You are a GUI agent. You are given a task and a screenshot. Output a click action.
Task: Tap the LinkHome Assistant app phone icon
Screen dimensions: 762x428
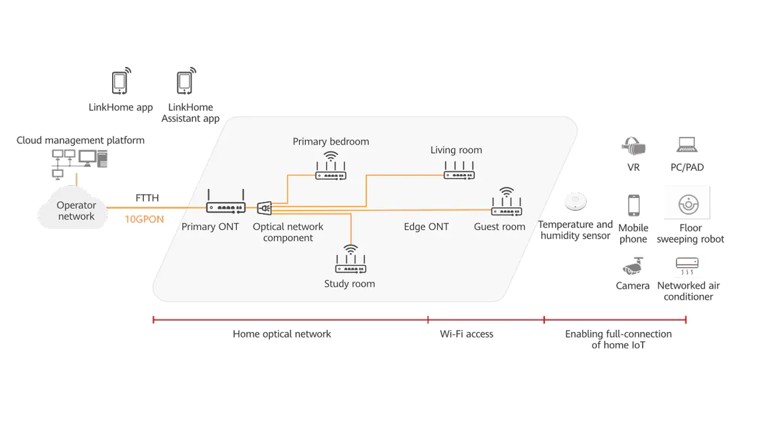[x=186, y=81]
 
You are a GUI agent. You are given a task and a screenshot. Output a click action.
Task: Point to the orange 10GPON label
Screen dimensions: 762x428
[x=145, y=219]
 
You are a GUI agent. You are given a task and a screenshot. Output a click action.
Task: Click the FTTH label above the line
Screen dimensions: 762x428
[x=147, y=198]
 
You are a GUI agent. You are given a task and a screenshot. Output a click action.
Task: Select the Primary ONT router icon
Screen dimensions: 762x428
[x=225, y=202]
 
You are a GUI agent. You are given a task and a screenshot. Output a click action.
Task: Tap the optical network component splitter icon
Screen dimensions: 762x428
[x=265, y=208]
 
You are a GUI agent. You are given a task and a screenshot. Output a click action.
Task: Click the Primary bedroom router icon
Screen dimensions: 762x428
[x=330, y=166]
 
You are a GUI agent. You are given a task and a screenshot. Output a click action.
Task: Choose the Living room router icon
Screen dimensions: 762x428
[x=459, y=170]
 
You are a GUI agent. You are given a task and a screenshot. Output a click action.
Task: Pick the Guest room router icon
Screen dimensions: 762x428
[x=507, y=202]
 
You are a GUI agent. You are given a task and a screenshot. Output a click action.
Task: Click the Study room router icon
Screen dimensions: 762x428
[x=350, y=259]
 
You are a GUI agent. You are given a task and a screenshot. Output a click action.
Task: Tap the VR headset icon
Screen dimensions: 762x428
[x=633, y=146]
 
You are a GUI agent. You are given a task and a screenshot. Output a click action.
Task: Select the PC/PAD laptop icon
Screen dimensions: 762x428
[x=687, y=144]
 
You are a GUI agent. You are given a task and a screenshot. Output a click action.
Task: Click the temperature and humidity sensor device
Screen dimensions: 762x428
[x=576, y=201]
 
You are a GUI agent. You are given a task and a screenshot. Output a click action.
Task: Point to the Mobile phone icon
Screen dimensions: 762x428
[x=634, y=205]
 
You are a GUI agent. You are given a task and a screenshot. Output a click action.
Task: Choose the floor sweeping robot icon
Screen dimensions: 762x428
[x=688, y=204]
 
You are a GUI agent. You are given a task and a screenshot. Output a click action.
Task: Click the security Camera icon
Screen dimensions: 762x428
[x=633, y=266]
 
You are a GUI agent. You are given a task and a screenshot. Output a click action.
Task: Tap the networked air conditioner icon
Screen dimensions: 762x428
[x=687, y=266]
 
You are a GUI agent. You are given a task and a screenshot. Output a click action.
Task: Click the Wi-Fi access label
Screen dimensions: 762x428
[x=466, y=334]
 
